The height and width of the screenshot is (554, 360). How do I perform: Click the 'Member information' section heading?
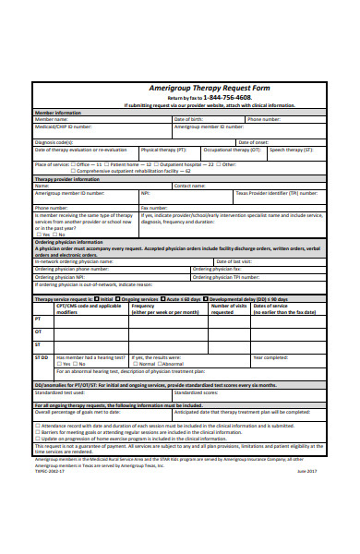(57, 113)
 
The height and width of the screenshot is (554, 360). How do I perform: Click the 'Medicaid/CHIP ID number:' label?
(64, 126)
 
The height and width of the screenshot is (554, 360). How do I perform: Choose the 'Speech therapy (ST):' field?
(292, 149)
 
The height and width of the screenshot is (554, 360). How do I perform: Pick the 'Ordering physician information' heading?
(70, 241)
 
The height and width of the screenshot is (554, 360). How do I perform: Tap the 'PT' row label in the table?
(38, 319)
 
